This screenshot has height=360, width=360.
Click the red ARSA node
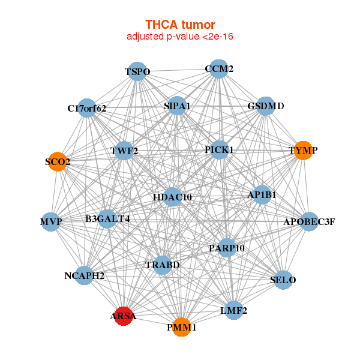tap(123, 316)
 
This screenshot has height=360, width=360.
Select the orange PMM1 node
tap(182, 327)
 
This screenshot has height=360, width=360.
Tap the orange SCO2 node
tap(57, 162)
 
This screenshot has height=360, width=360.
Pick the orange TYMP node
tap(303, 150)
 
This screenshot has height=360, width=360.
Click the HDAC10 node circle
tap(172, 197)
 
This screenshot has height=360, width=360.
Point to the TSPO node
tap(137, 72)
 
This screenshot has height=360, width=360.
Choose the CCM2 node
tap(219, 69)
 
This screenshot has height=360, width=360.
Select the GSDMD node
tap(266, 106)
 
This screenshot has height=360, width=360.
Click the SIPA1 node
tap(177, 106)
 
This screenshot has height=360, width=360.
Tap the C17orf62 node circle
tap(87, 108)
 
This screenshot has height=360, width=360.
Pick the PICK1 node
tap(219, 149)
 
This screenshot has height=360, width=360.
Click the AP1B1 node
tap(262, 195)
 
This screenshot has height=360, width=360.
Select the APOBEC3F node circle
tap(309, 222)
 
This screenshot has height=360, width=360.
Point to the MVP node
tap(51, 222)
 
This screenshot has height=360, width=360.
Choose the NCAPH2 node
tap(85, 276)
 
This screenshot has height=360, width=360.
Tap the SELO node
tap(283, 280)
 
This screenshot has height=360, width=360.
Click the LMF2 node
tap(234, 310)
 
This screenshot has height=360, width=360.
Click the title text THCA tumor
tap(180, 25)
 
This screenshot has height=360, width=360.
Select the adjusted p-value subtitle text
tap(180, 37)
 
